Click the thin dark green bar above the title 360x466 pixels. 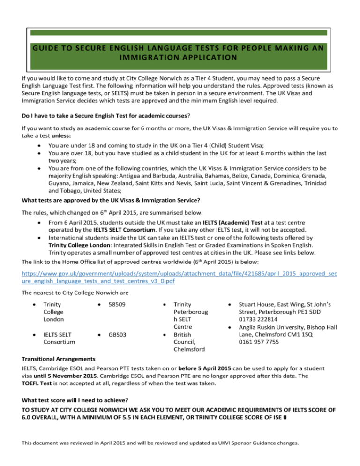click(180, 33)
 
